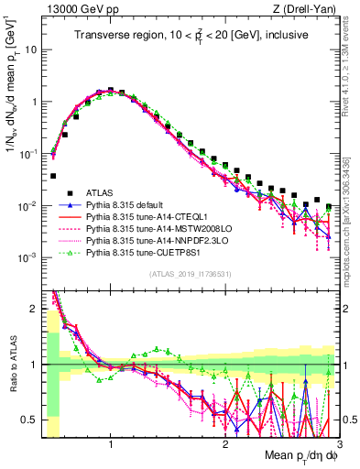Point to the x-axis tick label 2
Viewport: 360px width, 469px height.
[x=225, y=444]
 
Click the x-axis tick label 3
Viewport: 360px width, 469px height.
[x=339, y=444]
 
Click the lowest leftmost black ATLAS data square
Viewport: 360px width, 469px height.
[x=53, y=175]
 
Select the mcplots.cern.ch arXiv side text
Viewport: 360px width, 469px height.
[x=352, y=211]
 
